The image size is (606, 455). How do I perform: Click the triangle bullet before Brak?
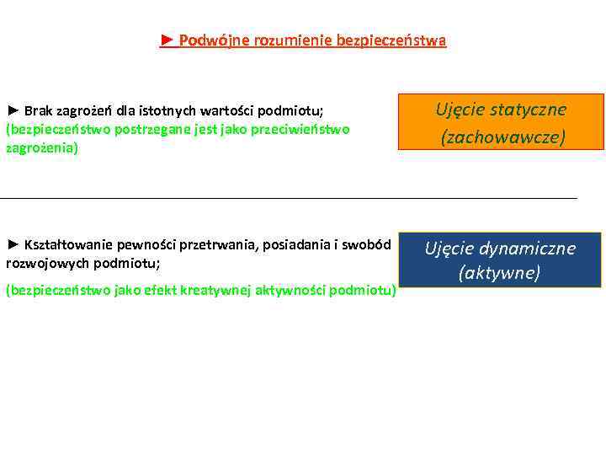coord(13,110)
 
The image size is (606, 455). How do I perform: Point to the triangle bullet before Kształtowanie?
coord(13,244)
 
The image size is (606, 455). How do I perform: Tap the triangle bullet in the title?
coord(167,40)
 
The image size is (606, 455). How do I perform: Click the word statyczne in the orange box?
coord(529,110)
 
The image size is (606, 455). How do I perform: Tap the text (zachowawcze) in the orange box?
coord(503,136)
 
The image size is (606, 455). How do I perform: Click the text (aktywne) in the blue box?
coord(500,273)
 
